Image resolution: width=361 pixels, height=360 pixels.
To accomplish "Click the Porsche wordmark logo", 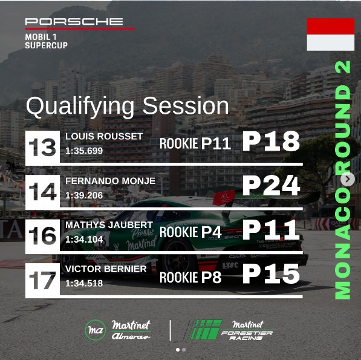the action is tap(74, 22).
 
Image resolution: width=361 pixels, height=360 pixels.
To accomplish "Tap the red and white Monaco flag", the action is tap(331, 34).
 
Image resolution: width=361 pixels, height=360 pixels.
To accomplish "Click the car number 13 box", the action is tap(42, 147).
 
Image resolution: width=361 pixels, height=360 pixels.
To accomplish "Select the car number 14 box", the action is tap(42, 191).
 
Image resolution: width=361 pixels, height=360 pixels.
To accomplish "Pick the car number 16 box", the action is tap(42, 235).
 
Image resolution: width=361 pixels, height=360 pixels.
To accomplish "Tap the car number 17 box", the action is tap(42, 280).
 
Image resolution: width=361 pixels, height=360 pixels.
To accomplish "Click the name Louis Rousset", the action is tap(104, 136).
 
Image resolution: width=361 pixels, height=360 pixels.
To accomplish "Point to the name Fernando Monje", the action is tap(110, 181).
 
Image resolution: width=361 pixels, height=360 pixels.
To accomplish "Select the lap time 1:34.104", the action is tap(84, 240).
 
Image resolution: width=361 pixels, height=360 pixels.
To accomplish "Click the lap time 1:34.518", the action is tap(84, 284).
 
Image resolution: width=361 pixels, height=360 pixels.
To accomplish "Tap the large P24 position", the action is tap(272, 186).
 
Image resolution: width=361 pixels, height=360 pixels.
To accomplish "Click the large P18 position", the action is tap(271, 141).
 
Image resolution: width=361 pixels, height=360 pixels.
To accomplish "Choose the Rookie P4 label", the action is tap(190, 232).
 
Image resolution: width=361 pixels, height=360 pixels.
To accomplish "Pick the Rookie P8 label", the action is tap(190, 277).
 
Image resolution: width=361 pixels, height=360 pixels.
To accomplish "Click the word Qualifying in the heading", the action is tap(80, 106).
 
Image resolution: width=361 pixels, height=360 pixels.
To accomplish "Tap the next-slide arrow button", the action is tap(348, 178).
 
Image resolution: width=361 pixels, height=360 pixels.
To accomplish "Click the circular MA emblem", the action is tap(96, 330).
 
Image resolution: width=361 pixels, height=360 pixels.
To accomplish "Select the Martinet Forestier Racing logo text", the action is tap(247, 330).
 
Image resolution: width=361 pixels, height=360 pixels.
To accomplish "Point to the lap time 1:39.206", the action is tap(84, 195).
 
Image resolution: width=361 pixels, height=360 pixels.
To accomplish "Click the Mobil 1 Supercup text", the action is tap(47, 41).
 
